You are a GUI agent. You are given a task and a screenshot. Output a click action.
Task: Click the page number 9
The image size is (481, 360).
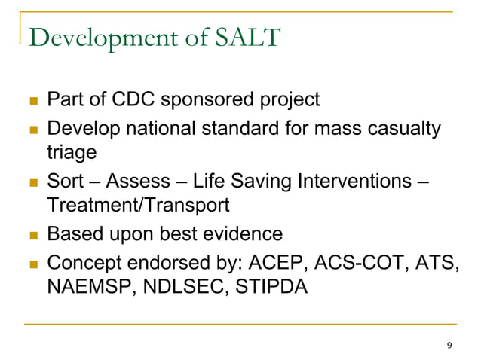click(x=450, y=345)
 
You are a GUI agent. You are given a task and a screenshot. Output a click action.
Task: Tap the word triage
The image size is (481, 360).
click(x=71, y=152)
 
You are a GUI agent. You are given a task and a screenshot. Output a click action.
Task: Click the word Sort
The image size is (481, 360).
click(x=66, y=182)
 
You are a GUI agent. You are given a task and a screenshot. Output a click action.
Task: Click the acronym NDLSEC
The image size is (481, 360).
click(x=175, y=287)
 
